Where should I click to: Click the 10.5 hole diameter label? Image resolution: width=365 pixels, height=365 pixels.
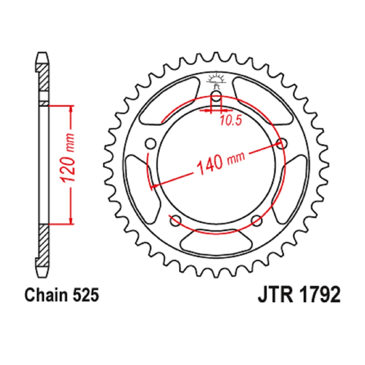231,120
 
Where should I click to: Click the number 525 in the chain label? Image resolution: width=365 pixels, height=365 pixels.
86,295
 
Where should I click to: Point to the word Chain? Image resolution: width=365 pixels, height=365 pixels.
46,295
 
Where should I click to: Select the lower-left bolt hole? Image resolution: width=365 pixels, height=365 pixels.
176,221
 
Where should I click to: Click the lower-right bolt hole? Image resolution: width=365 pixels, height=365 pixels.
257,221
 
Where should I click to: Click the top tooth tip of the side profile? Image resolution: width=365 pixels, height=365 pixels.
42,52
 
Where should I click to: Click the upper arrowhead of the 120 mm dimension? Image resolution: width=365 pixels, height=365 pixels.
71,108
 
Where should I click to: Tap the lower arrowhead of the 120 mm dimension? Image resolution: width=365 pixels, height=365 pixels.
71,221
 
